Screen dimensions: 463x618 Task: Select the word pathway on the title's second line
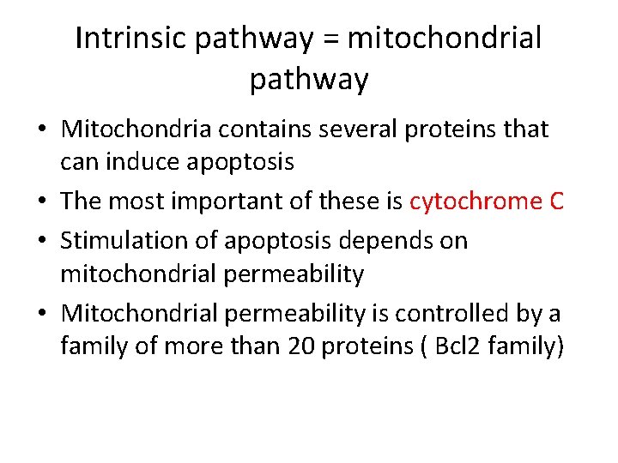click(x=308, y=80)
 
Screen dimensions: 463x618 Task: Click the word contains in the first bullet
click(x=275, y=129)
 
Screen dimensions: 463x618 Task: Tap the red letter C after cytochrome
click(x=556, y=201)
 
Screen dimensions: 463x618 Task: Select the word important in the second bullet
click(x=233, y=201)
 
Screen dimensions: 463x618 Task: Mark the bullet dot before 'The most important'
click(x=42, y=202)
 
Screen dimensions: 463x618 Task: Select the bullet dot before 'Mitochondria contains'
click(x=42, y=130)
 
